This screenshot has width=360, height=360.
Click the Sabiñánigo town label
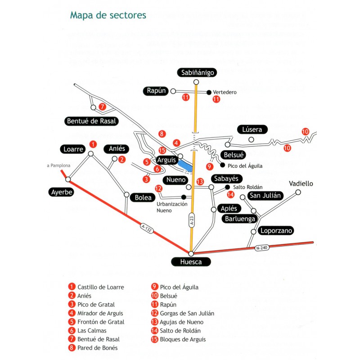[x=198, y=72]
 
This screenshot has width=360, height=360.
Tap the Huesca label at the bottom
[x=191, y=262]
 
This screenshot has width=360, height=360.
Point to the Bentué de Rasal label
[x=91, y=121]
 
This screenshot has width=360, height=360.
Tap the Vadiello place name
[x=301, y=184]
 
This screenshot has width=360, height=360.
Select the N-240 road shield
[x=261, y=247]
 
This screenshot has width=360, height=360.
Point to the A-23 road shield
[x=192, y=220]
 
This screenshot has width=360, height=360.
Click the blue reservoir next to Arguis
[x=185, y=166]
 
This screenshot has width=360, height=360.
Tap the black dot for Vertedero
[x=209, y=92]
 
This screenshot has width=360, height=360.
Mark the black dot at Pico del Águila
[x=222, y=165]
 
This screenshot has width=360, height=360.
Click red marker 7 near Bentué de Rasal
[x=102, y=107]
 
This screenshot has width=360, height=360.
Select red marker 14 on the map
[x=231, y=194]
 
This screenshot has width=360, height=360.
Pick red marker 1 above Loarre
[x=93, y=144]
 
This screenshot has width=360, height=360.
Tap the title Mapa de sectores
[x=108, y=15]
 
